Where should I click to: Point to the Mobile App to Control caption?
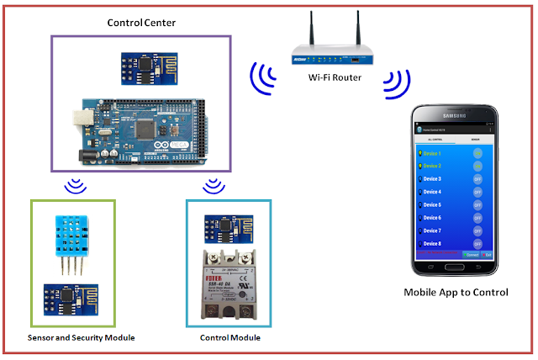click(456, 294)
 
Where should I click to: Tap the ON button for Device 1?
click(477, 153)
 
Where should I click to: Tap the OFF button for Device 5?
click(477, 204)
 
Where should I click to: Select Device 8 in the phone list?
click(432, 243)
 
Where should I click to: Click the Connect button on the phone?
click(472, 254)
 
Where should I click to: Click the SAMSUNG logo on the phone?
click(455, 117)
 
